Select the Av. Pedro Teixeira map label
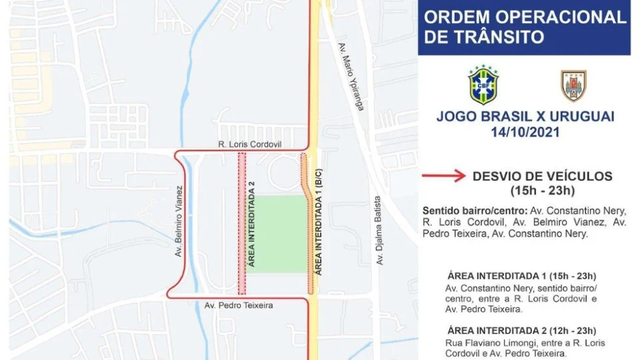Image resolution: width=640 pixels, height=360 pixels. [x=239, y=305]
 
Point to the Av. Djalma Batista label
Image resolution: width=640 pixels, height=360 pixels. [x=379, y=231]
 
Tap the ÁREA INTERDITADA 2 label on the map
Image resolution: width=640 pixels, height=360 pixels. [x=252, y=224]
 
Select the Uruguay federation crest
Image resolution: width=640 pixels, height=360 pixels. [x=573, y=85]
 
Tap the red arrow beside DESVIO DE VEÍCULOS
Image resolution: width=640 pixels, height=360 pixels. [x=443, y=177]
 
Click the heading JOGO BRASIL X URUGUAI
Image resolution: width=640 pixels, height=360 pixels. [x=525, y=117]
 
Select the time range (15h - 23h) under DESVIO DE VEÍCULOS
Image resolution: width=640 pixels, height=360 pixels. [x=541, y=191]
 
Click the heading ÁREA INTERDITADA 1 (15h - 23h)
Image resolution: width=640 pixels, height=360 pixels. [x=521, y=276]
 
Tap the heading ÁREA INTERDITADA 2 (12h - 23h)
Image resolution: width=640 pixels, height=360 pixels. [x=521, y=331]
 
